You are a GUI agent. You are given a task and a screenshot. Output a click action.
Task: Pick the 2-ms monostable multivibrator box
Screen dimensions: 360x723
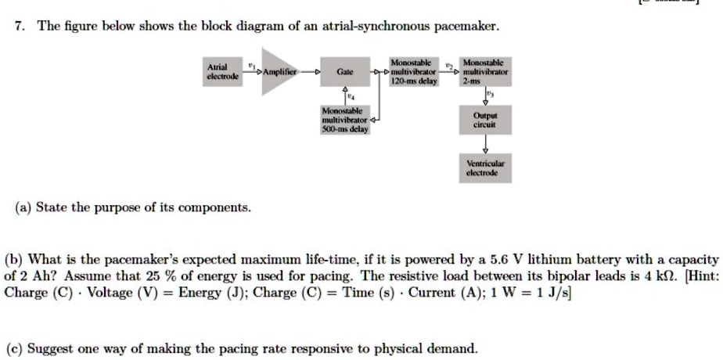tap(486, 71)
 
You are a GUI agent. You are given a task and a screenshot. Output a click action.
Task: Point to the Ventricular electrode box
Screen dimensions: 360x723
tap(486, 167)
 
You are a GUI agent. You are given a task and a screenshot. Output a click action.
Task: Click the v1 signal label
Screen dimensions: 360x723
tap(251, 64)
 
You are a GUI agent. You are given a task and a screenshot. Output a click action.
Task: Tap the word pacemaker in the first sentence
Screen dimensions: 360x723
tap(467, 27)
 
